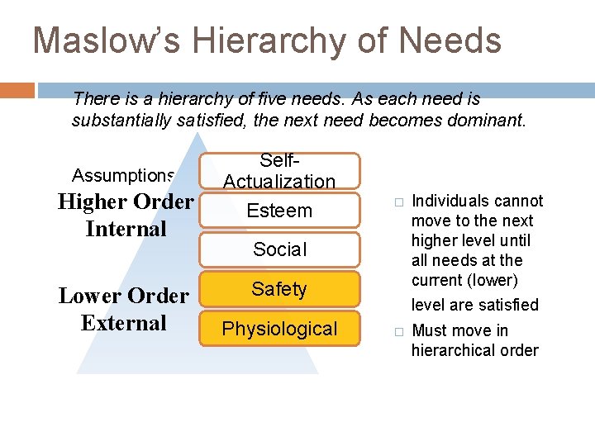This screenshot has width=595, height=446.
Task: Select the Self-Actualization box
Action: (279, 171)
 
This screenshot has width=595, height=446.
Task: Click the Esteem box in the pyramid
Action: (279, 211)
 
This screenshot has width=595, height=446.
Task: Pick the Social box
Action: (279, 249)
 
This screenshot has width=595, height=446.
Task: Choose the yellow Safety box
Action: (279, 289)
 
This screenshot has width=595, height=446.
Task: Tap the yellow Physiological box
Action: (279, 329)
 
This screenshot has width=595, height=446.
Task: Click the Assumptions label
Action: (122, 175)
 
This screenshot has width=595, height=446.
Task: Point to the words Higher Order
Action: (126, 202)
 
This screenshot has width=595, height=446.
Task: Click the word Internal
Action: (126, 228)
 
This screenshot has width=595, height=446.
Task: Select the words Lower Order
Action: (124, 296)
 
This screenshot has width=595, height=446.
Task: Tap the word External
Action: (124, 322)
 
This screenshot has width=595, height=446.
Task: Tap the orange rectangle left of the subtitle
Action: (17, 89)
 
